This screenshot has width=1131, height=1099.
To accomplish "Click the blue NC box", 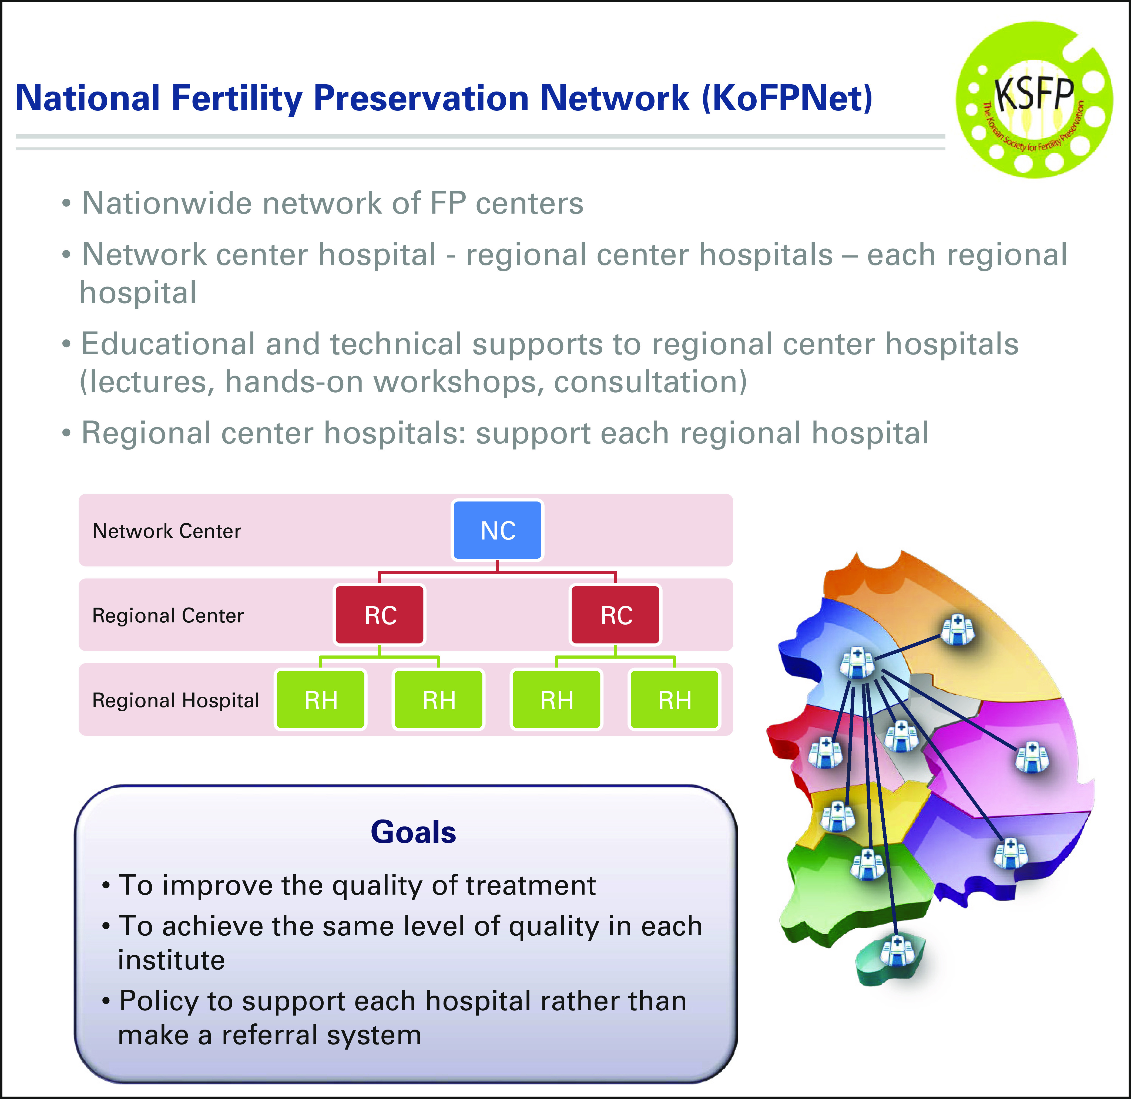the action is pos(497,530).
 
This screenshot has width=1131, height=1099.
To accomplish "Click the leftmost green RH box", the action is pos(320,700).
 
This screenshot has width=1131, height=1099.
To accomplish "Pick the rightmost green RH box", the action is pos(674,700).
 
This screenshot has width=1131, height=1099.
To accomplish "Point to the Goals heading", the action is pos(413,832).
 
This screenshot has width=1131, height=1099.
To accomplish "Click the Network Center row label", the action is pos(167,530).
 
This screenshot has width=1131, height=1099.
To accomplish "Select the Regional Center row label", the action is pos(168,615).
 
